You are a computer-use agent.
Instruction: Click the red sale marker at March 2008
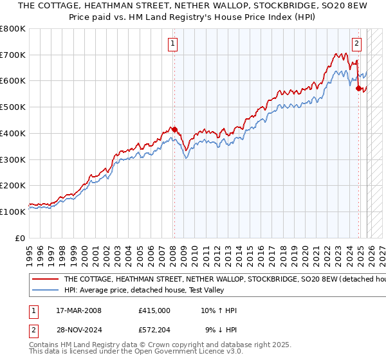point(174,129)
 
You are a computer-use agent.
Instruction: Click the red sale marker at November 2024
point(358,88)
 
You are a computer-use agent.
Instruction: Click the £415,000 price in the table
point(154,310)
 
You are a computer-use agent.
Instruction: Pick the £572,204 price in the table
point(154,330)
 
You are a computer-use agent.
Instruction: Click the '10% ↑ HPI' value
point(219,310)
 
